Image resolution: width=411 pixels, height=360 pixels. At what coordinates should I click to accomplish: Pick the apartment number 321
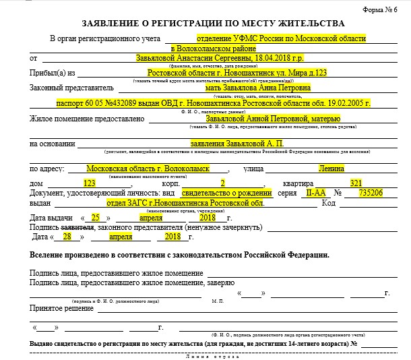click(x=356, y=183)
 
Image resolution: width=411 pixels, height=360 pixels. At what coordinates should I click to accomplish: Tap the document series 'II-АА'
click(x=313, y=193)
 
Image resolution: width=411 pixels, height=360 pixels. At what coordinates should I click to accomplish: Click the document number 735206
click(x=371, y=193)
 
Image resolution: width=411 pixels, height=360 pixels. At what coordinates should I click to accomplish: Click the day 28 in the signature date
click(x=67, y=237)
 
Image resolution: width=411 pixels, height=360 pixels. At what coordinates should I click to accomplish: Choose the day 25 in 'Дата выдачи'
click(x=96, y=218)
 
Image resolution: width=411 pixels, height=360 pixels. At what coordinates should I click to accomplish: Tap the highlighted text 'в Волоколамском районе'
click(x=214, y=49)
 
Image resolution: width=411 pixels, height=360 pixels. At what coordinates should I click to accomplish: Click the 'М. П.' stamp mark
click(x=217, y=301)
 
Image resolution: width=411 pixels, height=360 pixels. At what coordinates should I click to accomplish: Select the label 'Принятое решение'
click(x=61, y=308)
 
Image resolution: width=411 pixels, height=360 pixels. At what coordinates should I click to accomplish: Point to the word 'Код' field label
click(x=329, y=203)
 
